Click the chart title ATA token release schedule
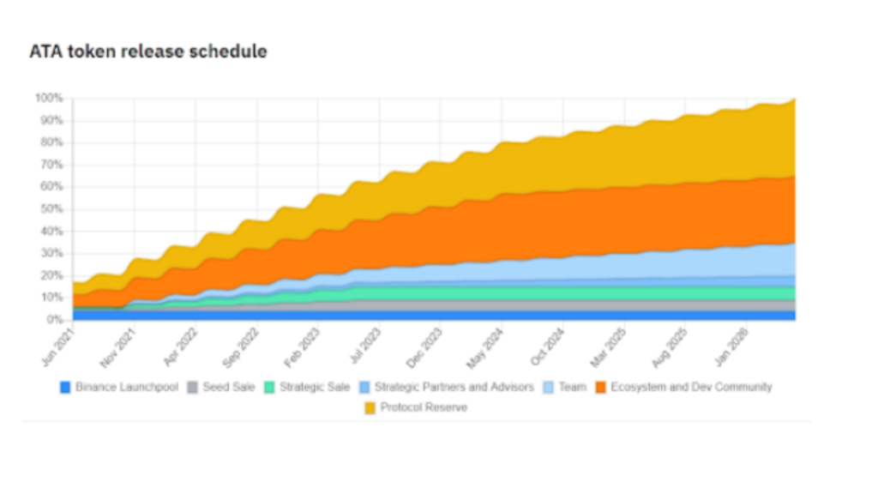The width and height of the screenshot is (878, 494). [x=148, y=51]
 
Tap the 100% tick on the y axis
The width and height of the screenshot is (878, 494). [x=49, y=99]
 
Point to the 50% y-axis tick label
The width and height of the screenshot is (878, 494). [x=51, y=209]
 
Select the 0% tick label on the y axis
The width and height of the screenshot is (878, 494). [x=53, y=320]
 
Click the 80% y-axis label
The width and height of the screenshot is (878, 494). [x=51, y=143]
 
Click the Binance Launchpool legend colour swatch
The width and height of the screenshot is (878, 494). [x=65, y=388]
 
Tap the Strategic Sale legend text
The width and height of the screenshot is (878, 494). [x=315, y=388]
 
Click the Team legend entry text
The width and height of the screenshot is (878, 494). [x=572, y=388]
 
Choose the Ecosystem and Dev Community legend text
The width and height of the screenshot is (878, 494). [x=691, y=388]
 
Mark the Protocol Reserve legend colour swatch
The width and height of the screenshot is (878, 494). [x=370, y=407]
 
